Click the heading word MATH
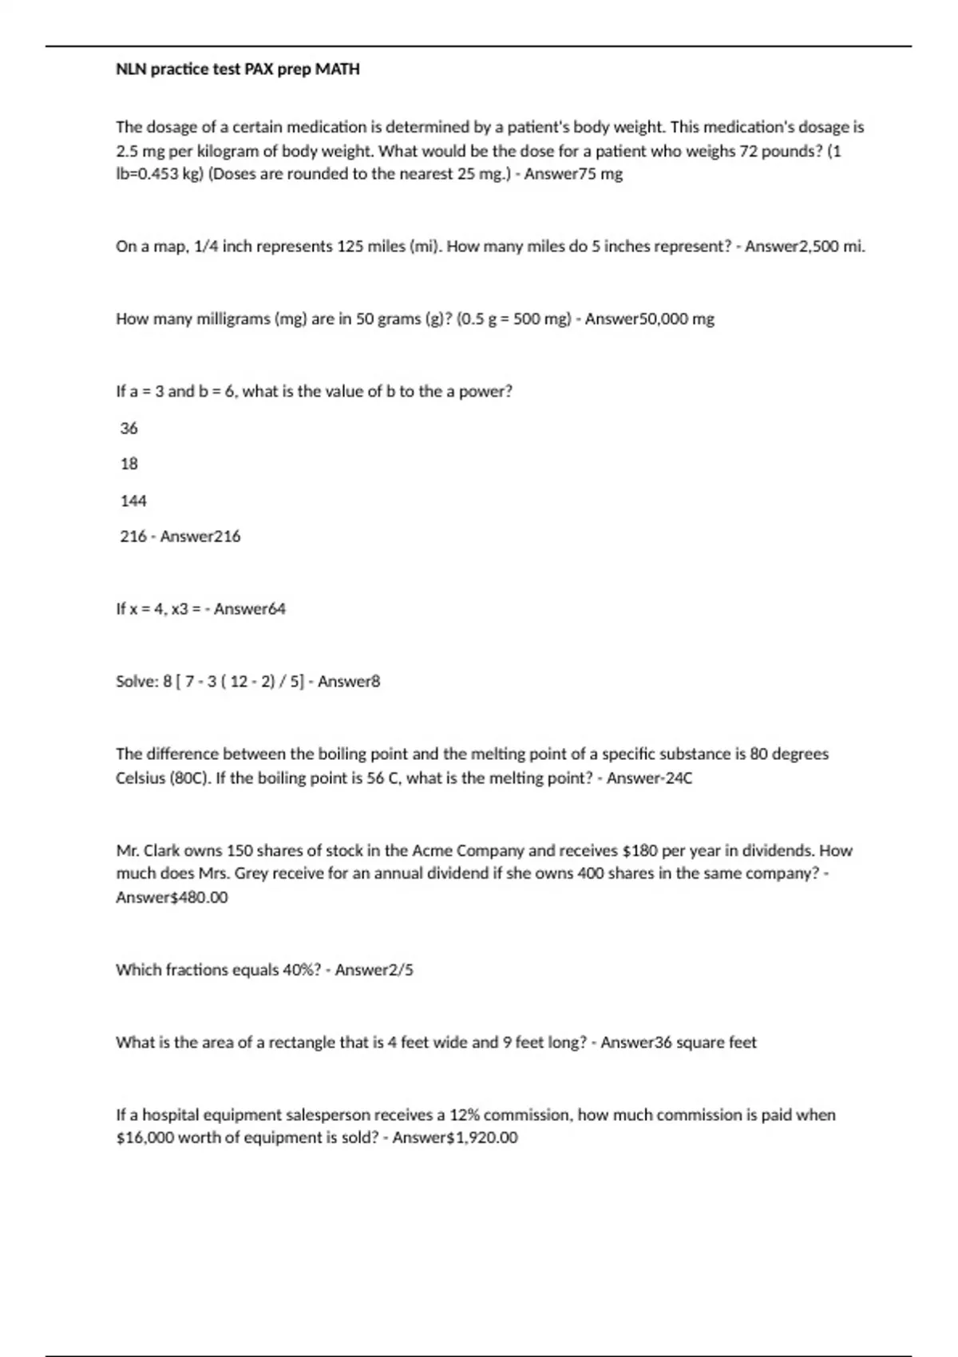pyautogui.click(x=338, y=69)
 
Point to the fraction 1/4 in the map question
pyautogui.click(x=206, y=247)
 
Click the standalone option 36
pyautogui.click(x=129, y=429)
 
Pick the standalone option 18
pyautogui.click(x=129, y=464)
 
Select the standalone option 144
pyautogui.click(x=133, y=501)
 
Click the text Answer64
pyautogui.click(x=249, y=609)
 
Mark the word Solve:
pyautogui.click(x=137, y=682)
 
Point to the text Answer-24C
pyautogui.click(x=649, y=778)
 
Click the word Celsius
pyautogui.click(x=141, y=778)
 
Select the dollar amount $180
pyautogui.click(x=639, y=851)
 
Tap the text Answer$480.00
pyautogui.click(x=172, y=898)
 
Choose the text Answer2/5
pyautogui.click(x=374, y=971)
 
